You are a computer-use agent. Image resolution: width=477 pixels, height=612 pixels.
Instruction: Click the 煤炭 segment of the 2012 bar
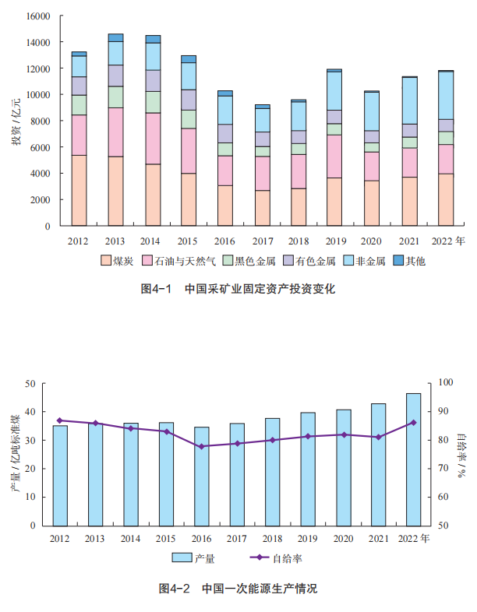pyautogui.click(x=79, y=191)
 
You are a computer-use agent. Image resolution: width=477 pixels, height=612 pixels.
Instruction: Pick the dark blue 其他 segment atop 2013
pyautogui.click(x=115, y=37)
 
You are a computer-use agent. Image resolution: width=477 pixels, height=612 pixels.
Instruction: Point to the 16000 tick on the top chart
pyautogui.click(x=38, y=16)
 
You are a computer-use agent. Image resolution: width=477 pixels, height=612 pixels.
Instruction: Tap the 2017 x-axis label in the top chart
pyautogui.click(x=263, y=241)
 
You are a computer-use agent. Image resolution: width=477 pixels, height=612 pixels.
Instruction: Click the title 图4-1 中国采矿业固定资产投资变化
pyautogui.click(x=238, y=289)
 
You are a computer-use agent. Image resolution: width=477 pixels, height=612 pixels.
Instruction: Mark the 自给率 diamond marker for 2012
pyautogui.click(x=60, y=420)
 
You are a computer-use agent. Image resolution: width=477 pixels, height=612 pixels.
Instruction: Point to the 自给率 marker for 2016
pyautogui.click(x=202, y=446)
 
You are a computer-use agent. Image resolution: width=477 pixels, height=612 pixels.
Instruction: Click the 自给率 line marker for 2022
pyautogui.click(x=413, y=422)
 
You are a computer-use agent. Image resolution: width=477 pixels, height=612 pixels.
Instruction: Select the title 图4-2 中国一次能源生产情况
pyautogui.click(x=238, y=588)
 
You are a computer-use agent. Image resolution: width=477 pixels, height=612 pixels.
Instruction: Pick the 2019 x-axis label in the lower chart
pyautogui.click(x=307, y=538)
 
